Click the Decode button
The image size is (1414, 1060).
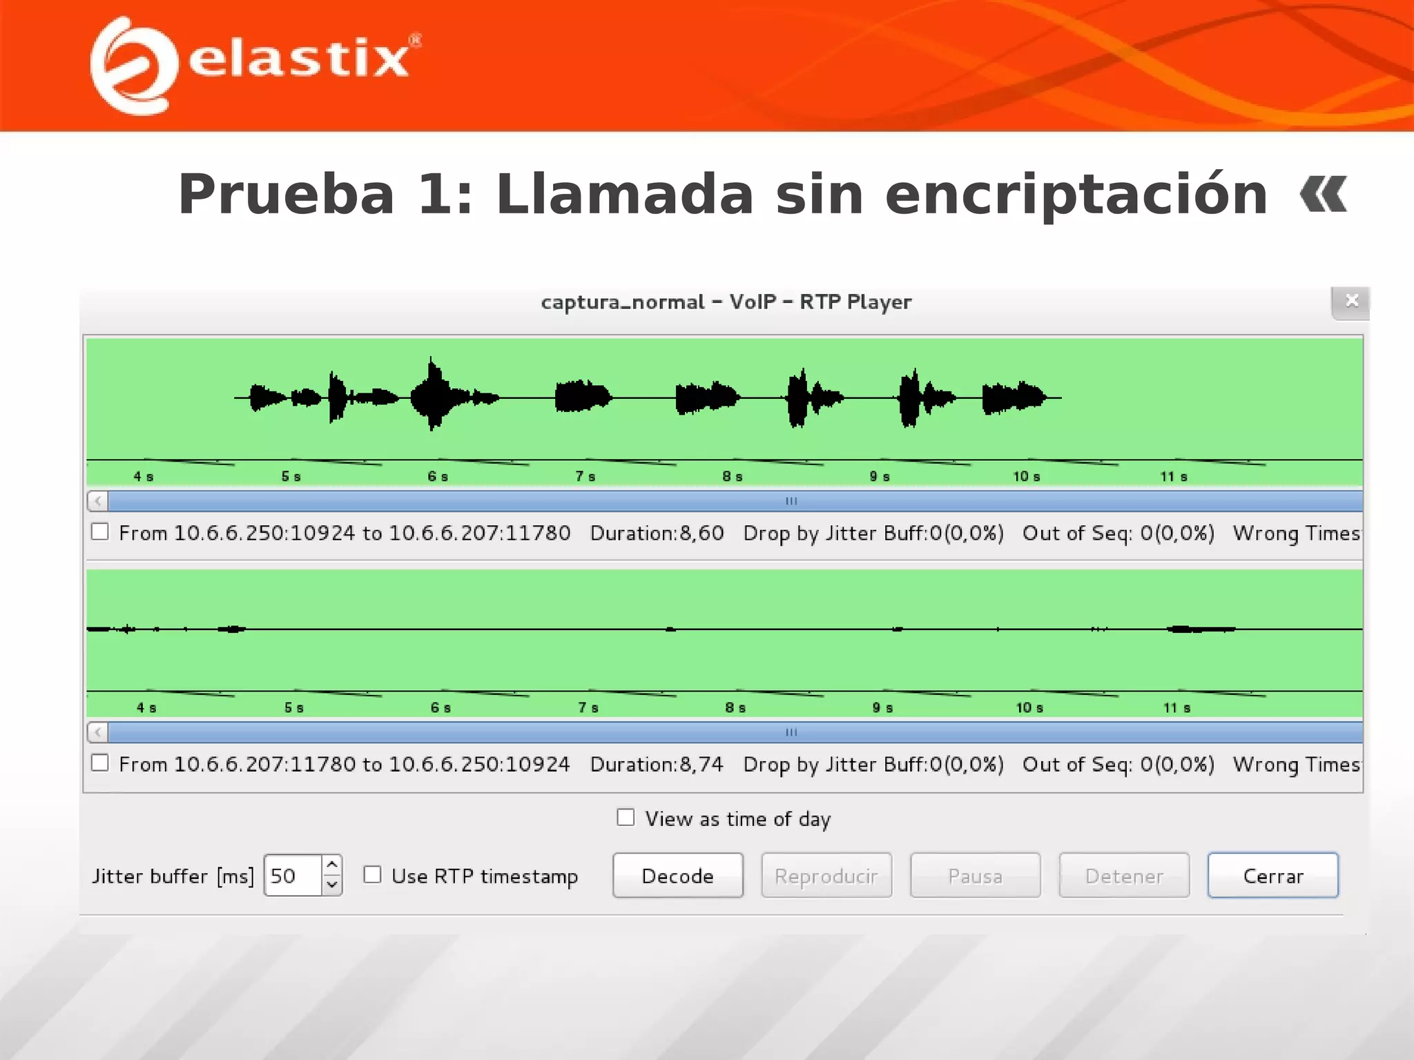click(x=677, y=875)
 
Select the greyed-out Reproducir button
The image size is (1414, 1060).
click(x=826, y=875)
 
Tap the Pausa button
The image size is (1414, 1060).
click(x=975, y=875)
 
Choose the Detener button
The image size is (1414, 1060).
click(x=1124, y=875)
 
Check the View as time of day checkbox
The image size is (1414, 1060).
click(x=626, y=818)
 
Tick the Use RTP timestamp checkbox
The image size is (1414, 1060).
click(x=373, y=874)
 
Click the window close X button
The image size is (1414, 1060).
click(x=1351, y=301)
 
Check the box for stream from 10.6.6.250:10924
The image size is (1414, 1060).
click(x=100, y=531)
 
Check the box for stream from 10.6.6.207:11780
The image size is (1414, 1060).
click(x=100, y=763)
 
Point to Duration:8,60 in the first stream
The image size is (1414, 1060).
click(x=657, y=533)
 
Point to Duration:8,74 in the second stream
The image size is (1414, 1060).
click(x=657, y=764)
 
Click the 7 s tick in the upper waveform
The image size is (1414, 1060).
click(x=585, y=476)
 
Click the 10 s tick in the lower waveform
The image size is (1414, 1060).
click(x=1029, y=707)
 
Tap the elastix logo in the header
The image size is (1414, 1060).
click(x=255, y=63)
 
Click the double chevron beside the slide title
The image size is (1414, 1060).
click(x=1323, y=195)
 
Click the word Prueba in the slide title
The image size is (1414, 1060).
click(x=286, y=195)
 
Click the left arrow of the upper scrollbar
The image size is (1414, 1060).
click(x=98, y=500)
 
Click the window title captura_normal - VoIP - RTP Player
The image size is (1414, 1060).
click(x=726, y=302)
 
